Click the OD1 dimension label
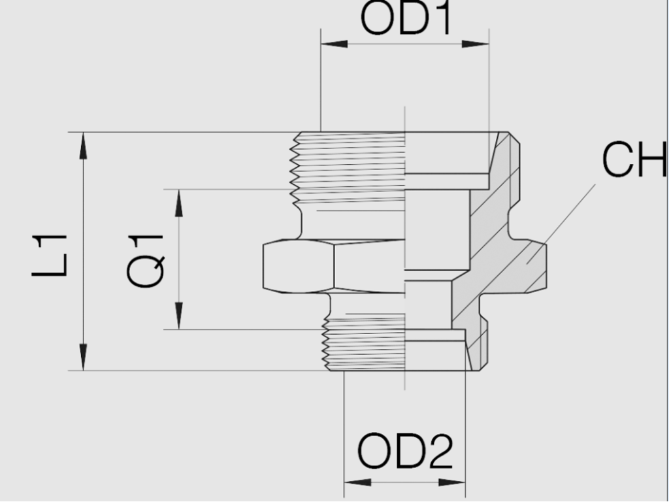[x=406, y=20]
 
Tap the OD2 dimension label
[x=405, y=451]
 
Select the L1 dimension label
[x=50, y=255]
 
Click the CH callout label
[x=634, y=160]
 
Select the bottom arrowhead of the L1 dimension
[x=83, y=358]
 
